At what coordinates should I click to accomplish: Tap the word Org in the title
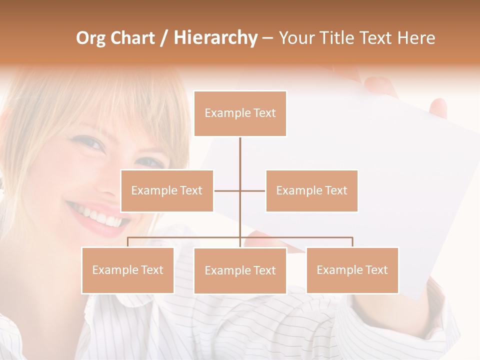click(x=91, y=38)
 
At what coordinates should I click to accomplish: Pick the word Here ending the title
click(x=416, y=38)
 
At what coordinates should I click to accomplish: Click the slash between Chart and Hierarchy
click(x=163, y=38)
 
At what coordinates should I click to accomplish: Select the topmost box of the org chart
click(x=240, y=113)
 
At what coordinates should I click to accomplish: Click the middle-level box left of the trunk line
click(x=167, y=190)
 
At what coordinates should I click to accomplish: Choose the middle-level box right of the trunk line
click(x=311, y=190)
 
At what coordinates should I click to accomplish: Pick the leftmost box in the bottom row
click(x=127, y=270)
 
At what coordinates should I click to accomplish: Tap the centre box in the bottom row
click(x=240, y=270)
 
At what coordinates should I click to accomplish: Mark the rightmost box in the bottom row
click(x=352, y=270)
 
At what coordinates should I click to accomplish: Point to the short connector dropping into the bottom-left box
click(x=127, y=242)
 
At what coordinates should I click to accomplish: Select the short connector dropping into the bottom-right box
click(x=352, y=242)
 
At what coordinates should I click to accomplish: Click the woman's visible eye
click(x=90, y=144)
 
